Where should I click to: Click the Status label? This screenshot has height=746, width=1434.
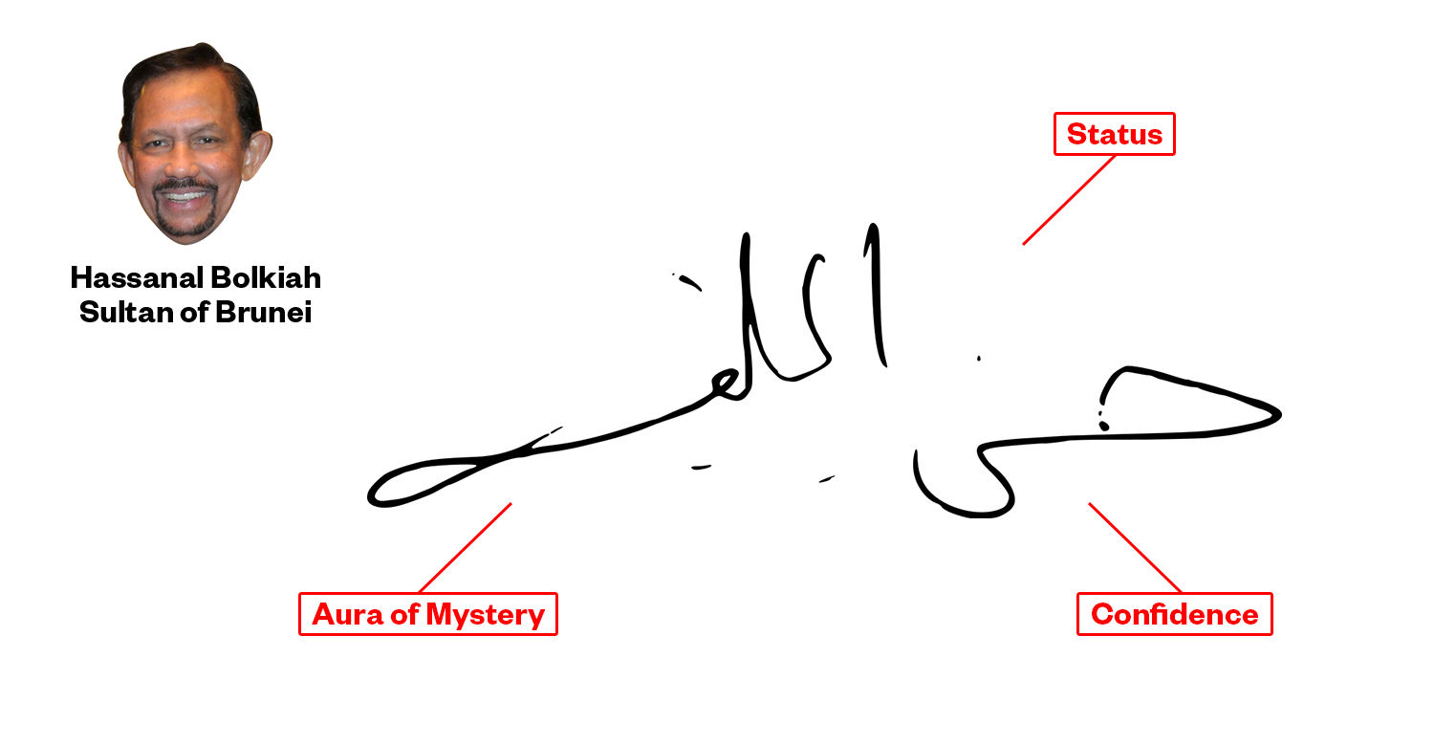pos(1115,134)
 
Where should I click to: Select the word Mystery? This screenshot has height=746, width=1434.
pos(486,615)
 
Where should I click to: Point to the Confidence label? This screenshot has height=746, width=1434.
pos(1174,614)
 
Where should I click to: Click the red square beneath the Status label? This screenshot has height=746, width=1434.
pos(1069,199)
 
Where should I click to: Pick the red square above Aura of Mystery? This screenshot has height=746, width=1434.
pos(464,544)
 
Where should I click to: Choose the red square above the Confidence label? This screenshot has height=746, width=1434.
pos(1135,544)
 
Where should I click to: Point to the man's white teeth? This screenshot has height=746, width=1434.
pos(185,197)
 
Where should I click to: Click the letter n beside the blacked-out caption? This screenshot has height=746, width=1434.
pos(312,278)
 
